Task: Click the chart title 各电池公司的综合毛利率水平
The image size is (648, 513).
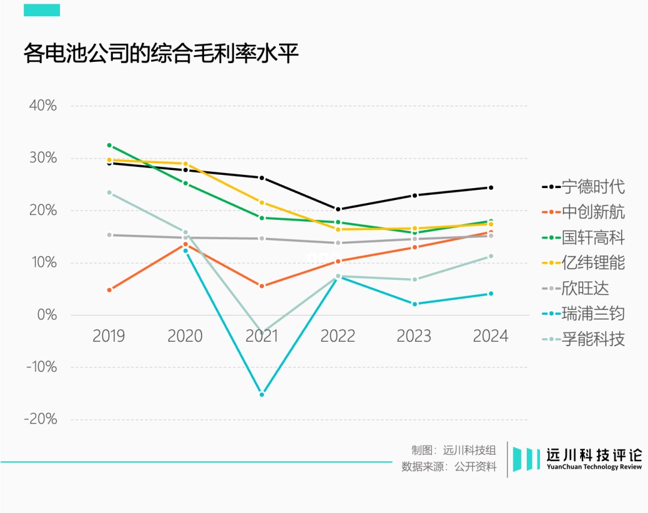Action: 161,54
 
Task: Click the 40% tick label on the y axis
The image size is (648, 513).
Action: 42,106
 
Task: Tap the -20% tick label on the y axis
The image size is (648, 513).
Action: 40,419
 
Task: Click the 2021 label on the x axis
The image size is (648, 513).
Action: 262,336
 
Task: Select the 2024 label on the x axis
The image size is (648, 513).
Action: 490,336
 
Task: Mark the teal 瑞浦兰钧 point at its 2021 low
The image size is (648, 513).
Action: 262,395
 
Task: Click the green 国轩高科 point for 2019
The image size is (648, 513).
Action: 109,145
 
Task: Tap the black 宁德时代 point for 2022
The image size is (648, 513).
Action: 338,210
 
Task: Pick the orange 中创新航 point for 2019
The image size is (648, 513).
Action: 109,290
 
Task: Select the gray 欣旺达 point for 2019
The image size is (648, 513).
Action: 109,235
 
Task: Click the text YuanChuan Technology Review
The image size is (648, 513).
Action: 594,467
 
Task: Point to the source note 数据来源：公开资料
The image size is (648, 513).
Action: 449,467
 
